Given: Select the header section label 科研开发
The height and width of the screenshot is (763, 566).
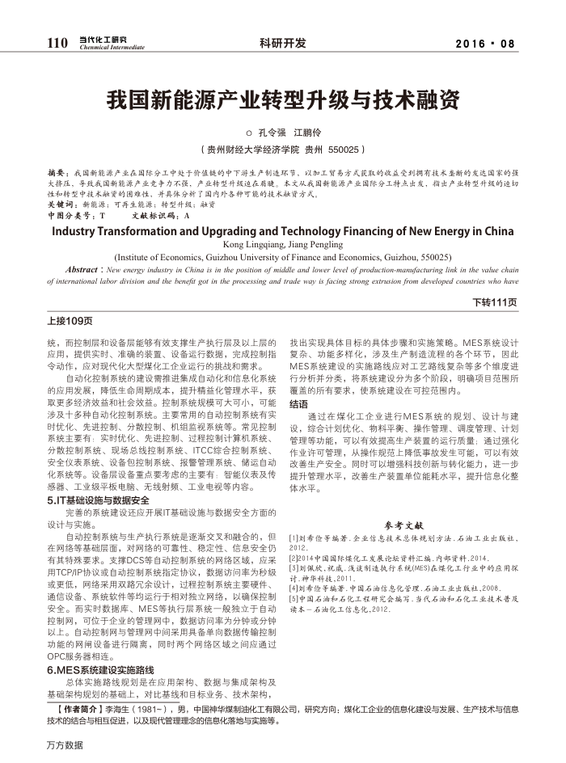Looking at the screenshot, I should tap(283, 43).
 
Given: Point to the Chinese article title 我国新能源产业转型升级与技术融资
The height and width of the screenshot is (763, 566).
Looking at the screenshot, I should tap(283, 100).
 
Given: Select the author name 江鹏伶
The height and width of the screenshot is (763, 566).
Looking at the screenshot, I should tap(309, 132).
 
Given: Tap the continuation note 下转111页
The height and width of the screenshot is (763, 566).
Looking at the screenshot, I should tap(494, 302).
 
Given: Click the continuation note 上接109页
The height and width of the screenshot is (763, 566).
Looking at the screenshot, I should tap(70, 321).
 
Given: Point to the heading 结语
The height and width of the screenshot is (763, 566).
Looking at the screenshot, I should tap(298, 403).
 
